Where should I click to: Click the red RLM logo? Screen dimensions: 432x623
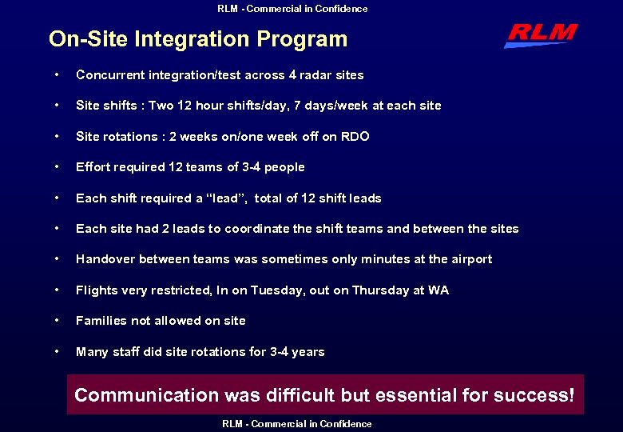pyautogui.click(x=541, y=34)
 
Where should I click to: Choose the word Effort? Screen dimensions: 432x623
pyautogui.click(x=93, y=167)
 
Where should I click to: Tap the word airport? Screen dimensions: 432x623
pyautogui.click(x=470, y=259)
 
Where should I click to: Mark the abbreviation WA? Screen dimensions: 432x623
pyautogui.click(x=438, y=290)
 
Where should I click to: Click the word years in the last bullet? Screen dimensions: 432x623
pyautogui.click(x=307, y=352)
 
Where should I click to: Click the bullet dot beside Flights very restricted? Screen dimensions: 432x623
pyautogui.click(x=56, y=290)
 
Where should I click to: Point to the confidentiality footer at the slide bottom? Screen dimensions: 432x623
pyautogui.click(x=296, y=424)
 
